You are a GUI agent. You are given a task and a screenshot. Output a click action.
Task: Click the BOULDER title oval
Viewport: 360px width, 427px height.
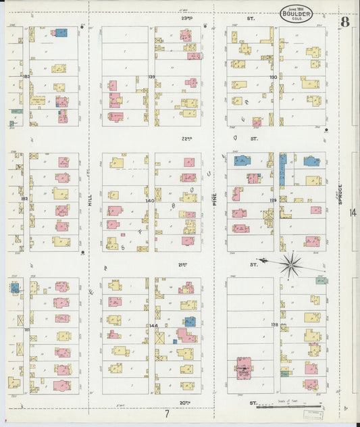coord(297,13)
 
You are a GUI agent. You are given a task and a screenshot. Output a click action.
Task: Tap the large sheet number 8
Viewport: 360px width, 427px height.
coord(344,22)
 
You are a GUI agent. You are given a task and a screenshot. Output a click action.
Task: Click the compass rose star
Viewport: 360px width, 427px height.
coord(290,264)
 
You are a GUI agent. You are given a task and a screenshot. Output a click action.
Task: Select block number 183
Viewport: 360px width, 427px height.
coord(26,77)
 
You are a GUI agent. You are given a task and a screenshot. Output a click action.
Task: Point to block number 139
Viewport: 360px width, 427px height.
coord(151,77)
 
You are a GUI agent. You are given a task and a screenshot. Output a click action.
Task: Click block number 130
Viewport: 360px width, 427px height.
coord(274,77)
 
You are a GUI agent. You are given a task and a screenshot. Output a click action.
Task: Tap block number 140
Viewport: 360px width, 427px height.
coord(149,201)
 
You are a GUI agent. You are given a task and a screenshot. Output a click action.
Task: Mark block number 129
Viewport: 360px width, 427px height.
coord(274,201)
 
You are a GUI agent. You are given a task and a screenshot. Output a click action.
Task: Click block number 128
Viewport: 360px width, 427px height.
coord(274,326)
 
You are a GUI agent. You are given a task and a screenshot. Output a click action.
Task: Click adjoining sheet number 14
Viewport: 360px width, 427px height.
coord(353,213)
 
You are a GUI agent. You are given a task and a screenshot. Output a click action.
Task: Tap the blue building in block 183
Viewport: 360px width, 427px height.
coord(61,32)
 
